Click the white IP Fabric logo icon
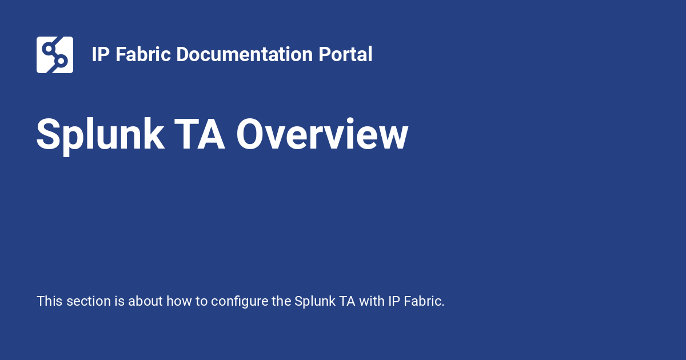[x=55, y=55]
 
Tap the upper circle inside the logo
[x=49, y=49]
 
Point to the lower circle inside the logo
[x=61, y=61]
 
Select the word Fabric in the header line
[x=143, y=54]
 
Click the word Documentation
[x=245, y=54]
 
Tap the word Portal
[x=345, y=54]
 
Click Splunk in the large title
[x=101, y=135]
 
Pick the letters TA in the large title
[x=200, y=134]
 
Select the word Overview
[x=322, y=134]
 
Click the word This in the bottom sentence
[x=50, y=301]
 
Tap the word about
[x=145, y=301]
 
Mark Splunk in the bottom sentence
[x=315, y=302]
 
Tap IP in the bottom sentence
[x=394, y=301]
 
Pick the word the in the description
[x=281, y=301]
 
